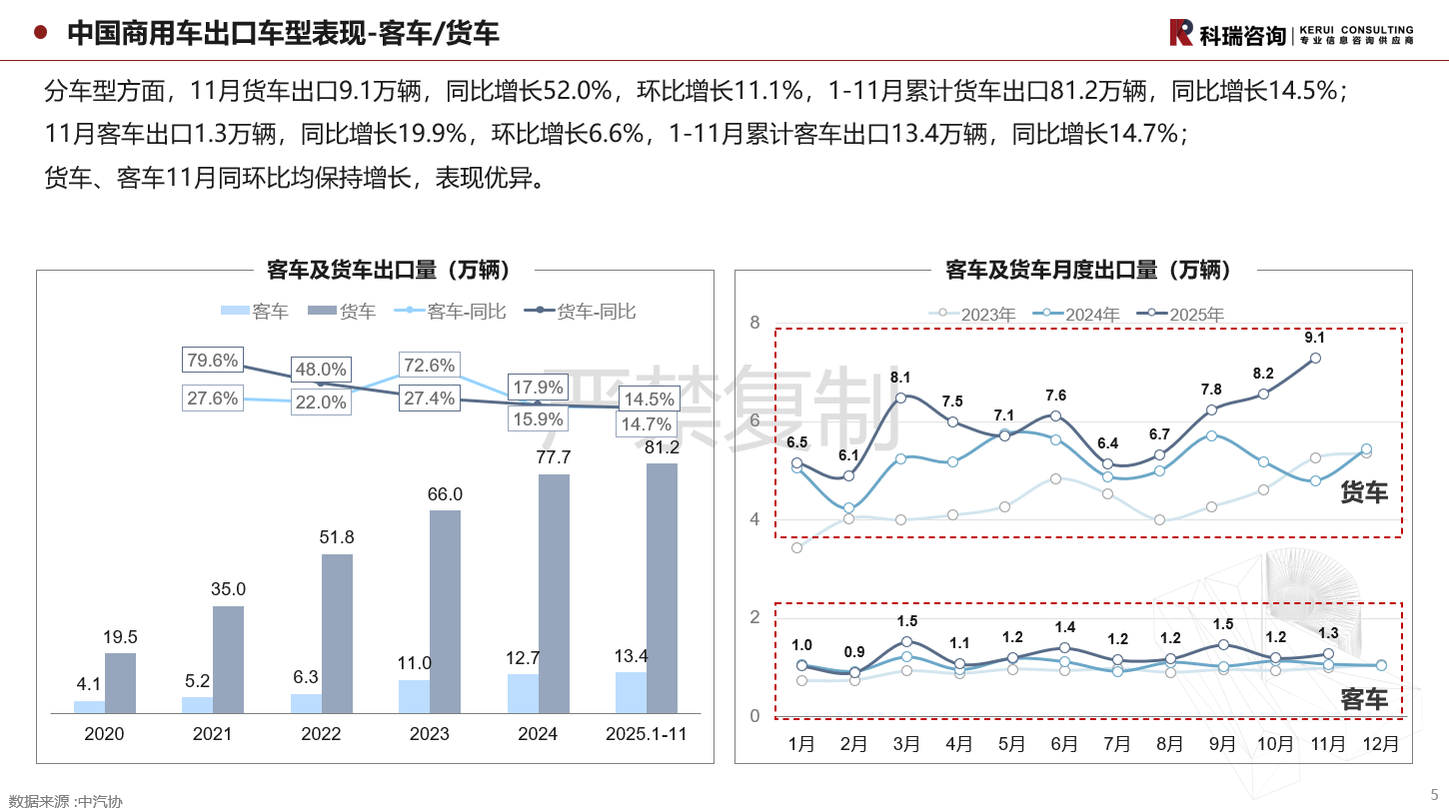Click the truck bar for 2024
(554, 593)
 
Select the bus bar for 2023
(414, 696)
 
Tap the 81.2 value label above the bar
(663, 446)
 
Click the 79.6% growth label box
(212, 361)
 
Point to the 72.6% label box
(429, 366)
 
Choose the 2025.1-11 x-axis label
(647, 734)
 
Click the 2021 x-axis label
(212, 734)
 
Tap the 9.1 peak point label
(1315, 338)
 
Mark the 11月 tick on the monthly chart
(1327, 744)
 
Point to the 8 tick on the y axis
(754, 323)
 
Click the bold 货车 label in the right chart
(1364, 491)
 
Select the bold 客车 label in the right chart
(1364, 699)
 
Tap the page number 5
(1434, 795)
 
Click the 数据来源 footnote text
(65, 801)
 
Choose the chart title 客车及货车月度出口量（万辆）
(1088, 270)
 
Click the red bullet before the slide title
(41, 33)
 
